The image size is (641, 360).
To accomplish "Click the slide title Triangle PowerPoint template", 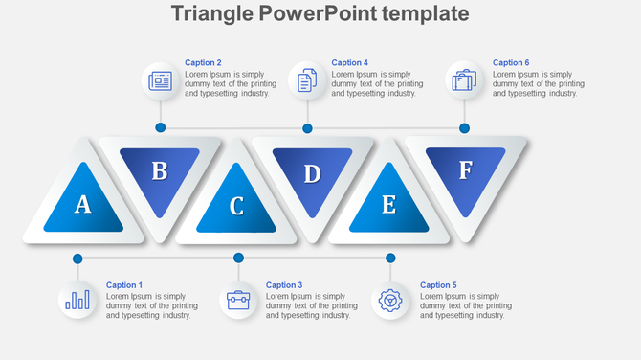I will point(320,13).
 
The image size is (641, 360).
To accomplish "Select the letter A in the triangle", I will point(83,204).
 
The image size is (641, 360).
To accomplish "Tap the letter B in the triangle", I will point(160,171).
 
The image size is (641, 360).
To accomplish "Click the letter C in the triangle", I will point(236,206).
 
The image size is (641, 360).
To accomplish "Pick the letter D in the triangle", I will point(312,174).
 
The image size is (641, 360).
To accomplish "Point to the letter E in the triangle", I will point(388,205).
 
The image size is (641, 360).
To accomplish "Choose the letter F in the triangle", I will point(465,170).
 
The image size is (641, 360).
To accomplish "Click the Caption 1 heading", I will point(123,285).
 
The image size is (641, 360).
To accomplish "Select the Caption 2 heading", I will point(203,63).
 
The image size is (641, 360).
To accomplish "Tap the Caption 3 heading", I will point(283,285).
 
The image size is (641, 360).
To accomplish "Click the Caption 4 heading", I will point(349,63).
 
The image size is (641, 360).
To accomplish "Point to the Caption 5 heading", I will point(438,285).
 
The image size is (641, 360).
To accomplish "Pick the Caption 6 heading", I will point(511,63).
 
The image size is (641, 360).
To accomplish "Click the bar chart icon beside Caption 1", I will point(77,301).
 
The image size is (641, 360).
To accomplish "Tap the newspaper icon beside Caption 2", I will point(160,81).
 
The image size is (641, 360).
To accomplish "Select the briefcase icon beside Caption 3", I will point(237,301).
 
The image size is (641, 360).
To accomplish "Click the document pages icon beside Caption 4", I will point(307,81).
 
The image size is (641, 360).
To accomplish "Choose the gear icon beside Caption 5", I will point(389,301).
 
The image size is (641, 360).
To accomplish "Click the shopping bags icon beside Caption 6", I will point(464,81).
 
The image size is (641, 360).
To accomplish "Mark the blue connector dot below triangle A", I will point(77,259).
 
